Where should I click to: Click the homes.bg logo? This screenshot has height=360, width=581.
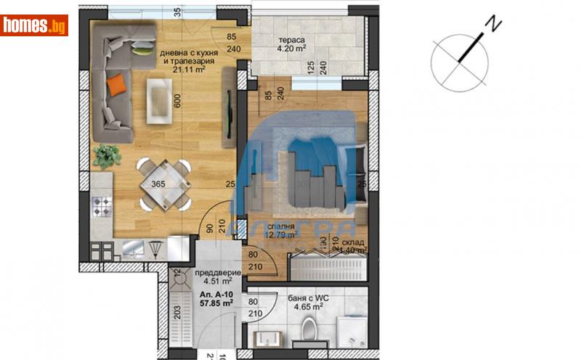click(x=35, y=25)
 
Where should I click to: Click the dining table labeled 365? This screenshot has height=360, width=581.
click(x=164, y=183)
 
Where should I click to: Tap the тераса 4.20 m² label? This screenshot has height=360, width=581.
click(x=291, y=46)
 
